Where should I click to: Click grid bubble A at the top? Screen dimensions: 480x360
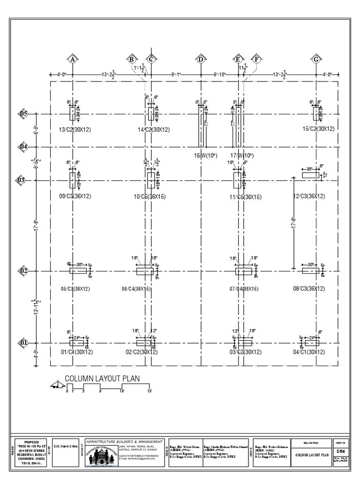pyautogui.click(x=72, y=60)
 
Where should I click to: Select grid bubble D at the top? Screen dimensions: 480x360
pyautogui.click(x=201, y=60)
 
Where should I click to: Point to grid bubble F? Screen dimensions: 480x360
pyautogui.click(x=256, y=60)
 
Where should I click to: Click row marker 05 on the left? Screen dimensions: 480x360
pyautogui.click(x=23, y=114)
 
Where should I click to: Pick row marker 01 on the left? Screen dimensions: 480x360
pyautogui.click(x=23, y=343)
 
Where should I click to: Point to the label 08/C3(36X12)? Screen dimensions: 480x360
pyautogui.click(x=309, y=289)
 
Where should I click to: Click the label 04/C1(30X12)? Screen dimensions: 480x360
pyautogui.click(x=309, y=352)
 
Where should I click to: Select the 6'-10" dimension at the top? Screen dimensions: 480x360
pyautogui.click(x=220, y=74)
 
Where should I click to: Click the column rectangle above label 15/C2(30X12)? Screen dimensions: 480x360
pyautogui.click(x=316, y=114)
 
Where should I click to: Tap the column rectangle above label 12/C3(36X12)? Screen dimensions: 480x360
pyautogui.click(x=310, y=175)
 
